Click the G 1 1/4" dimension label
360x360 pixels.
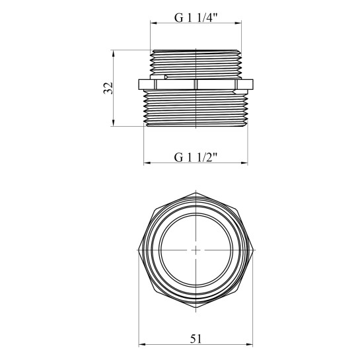tap(196, 17)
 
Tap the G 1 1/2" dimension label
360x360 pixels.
tap(196, 157)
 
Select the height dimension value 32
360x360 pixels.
tap(108, 88)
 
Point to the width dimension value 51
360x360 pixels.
tap(196, 339)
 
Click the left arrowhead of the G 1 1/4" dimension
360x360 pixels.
tap(153, 23)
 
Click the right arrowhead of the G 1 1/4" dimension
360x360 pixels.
tap(238, 23)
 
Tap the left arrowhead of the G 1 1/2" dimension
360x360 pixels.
tap(147, 163)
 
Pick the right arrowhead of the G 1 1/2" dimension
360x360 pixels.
tap(245, 163)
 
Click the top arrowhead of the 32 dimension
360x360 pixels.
tap(113, 54)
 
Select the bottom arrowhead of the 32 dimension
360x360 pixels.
tap(113, 123)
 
